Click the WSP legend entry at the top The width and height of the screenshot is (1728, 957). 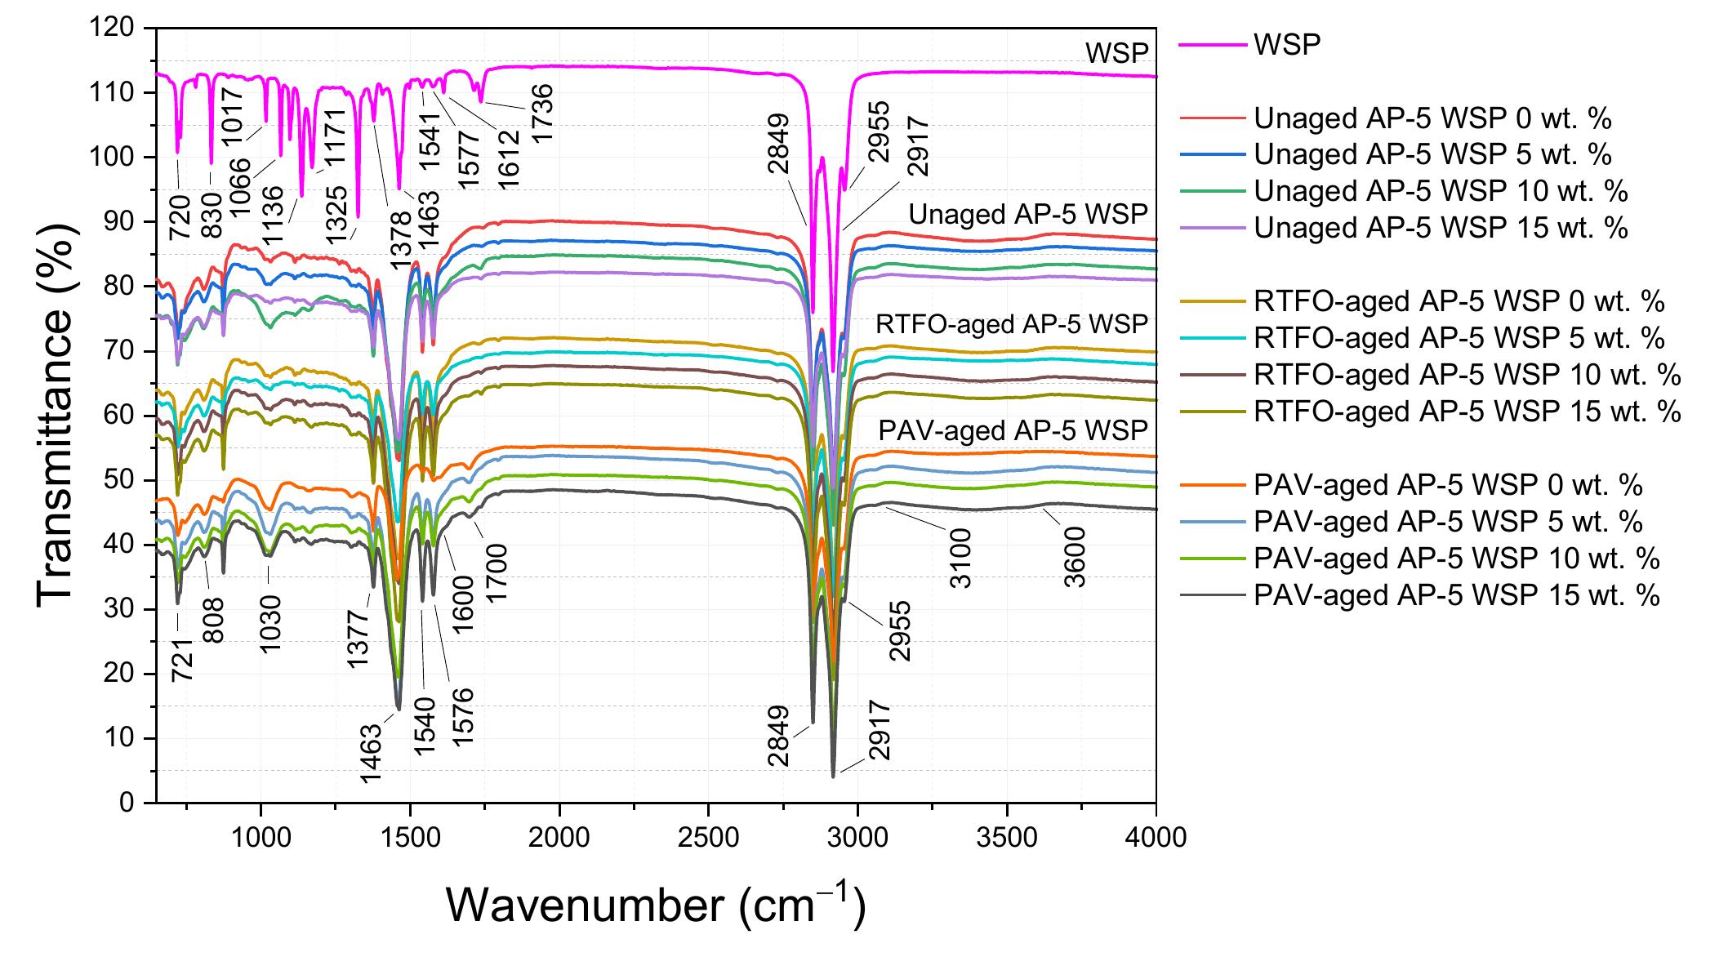click(1286, 44)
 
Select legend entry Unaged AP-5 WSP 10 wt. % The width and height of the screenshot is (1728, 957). click(1441, 191)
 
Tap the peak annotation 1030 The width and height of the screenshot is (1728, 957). click(270, 622)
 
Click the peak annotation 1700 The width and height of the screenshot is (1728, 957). click(497, 573)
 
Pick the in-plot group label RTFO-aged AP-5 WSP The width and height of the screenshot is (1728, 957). click(1012, 324)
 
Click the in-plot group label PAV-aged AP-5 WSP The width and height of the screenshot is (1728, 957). click(1013, 430)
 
